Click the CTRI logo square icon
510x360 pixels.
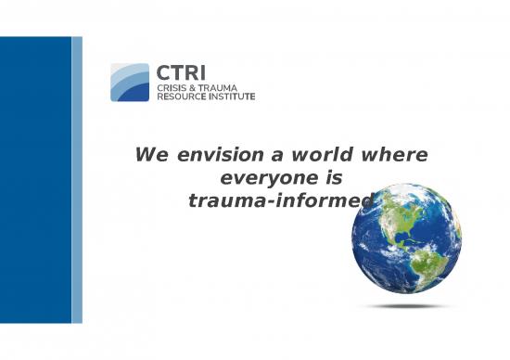pos(129,82)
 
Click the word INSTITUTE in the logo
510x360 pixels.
pos(233,96)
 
